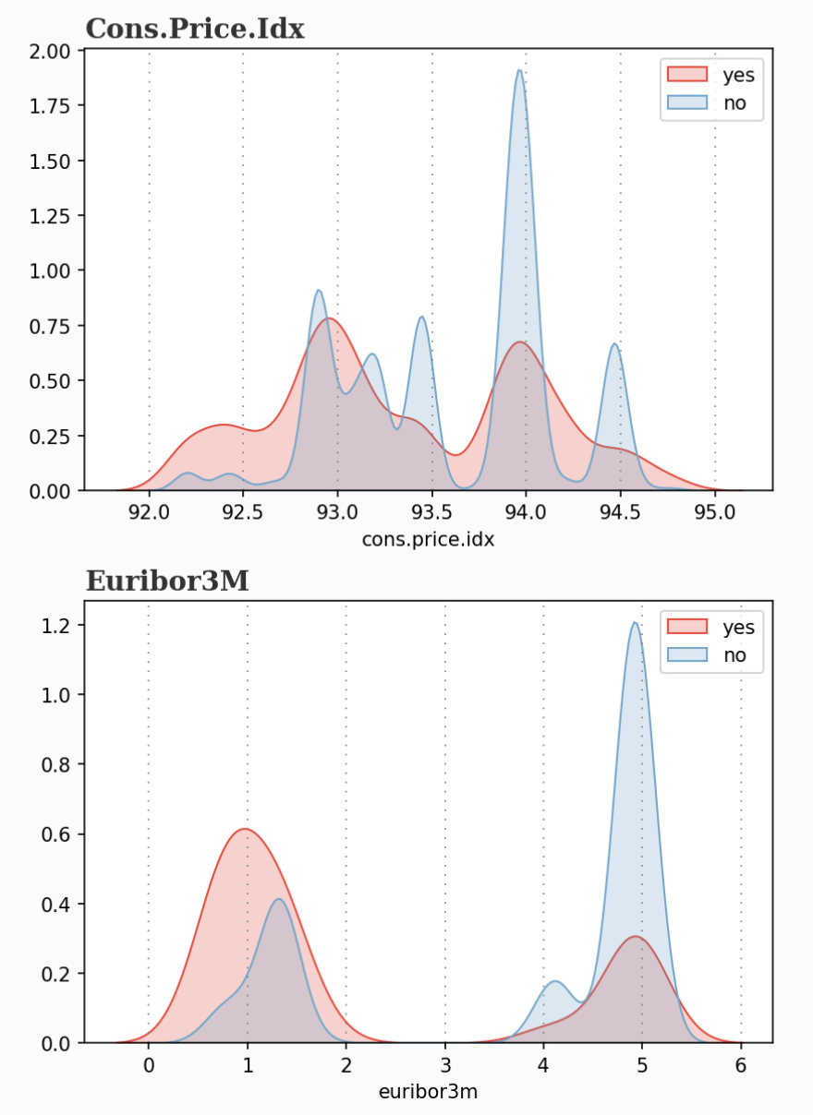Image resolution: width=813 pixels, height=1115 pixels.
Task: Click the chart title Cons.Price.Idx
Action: point(195,29)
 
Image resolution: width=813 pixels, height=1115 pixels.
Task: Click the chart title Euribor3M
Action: point(167,581)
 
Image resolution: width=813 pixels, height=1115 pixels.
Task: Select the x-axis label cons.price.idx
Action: point(427,540)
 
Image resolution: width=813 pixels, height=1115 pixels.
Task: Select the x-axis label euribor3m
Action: point(428,1091)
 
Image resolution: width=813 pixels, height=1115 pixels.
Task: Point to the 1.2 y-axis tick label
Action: point(57,625)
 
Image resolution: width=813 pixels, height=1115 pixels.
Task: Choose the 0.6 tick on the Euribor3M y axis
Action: point(57,834)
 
